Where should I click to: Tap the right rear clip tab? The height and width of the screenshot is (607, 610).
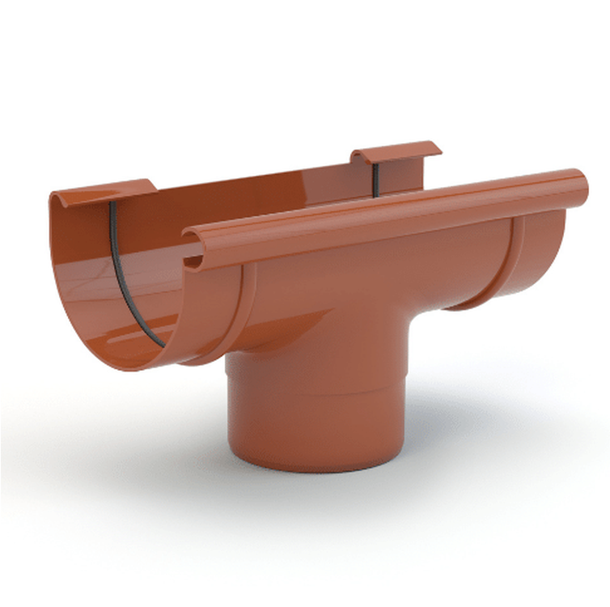click(x=396, y=151)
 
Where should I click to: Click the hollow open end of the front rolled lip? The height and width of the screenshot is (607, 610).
click(x=193, y=261)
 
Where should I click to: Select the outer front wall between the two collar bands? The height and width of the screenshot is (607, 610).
click(x=364, y=275)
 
